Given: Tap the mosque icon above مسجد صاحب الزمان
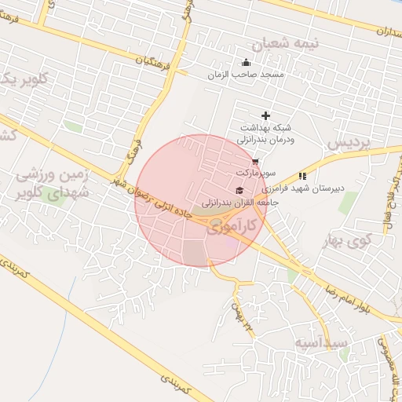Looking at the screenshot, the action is tap(247, 63).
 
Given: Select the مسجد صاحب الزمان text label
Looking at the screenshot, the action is tap(244, 75).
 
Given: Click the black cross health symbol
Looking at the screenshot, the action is tap(265, 115).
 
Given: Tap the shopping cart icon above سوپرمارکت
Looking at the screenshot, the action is tap(254, 161).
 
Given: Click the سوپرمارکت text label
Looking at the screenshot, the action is tap(252, 171).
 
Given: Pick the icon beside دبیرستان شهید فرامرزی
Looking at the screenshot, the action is tap(303, 177).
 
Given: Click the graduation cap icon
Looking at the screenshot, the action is tap(239, 190).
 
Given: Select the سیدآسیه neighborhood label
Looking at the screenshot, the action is tap(323, 344).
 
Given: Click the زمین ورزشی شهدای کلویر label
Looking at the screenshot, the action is tap(55, 184).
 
